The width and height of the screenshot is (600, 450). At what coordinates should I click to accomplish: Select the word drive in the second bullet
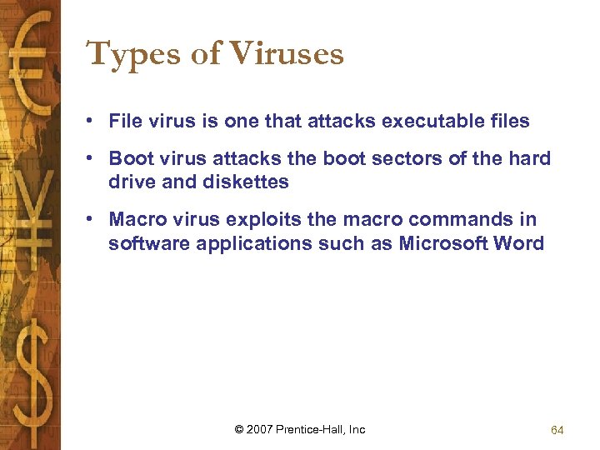(x=130, y=182)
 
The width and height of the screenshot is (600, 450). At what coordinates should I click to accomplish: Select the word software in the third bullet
(x=142, y=243)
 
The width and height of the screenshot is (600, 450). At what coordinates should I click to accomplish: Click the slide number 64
(x=557, y=430)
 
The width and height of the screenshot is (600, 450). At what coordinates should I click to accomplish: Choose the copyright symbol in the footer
(x=239, y=429)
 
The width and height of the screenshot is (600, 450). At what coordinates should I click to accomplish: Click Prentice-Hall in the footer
(x=310, y=429)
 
